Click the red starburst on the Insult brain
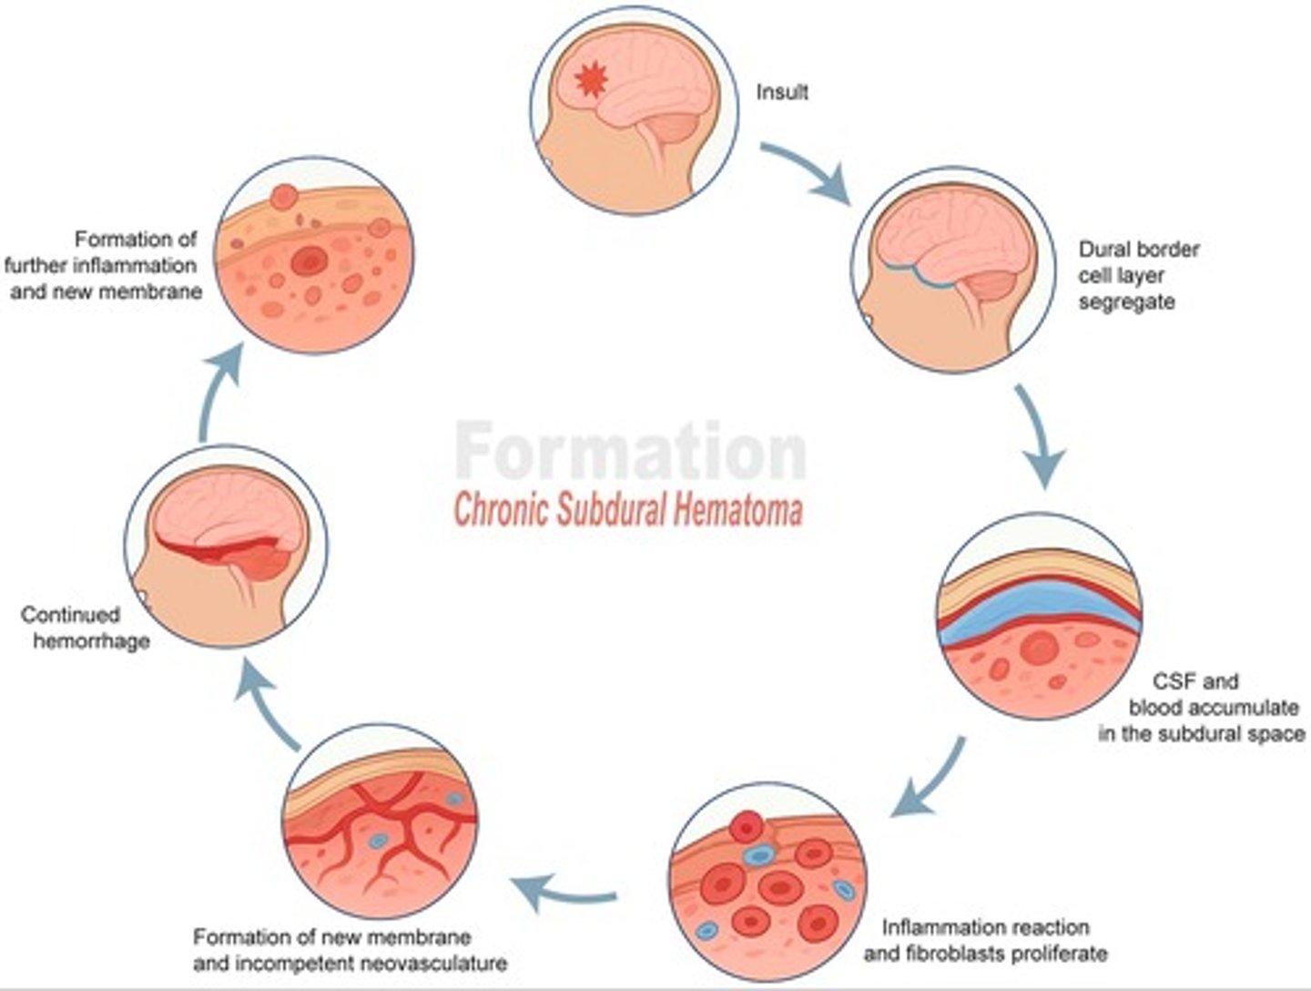(x=591, y=82)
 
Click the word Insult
(x=782, y=92)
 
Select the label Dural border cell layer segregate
(x=1138, y=275)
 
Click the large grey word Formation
(x=630, y=451)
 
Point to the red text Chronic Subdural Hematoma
(x=628, y=510)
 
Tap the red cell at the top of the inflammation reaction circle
(x=747, y=826)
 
